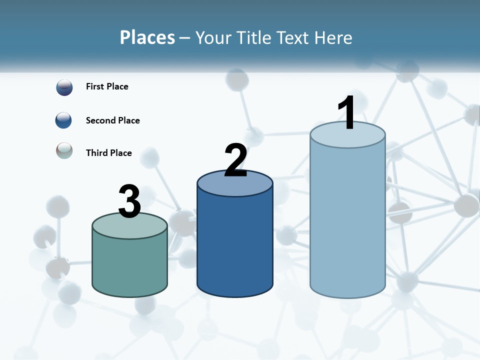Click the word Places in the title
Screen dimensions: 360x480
(147, 37)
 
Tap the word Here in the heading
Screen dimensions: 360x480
(333, 37)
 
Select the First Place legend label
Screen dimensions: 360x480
(107, 86)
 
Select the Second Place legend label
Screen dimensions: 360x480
(112, 120)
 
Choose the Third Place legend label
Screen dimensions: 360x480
(108, 153)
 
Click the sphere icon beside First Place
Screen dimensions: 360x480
(64, 87)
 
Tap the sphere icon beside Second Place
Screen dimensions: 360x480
(64, 120)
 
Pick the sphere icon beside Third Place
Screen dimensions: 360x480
(64, 150)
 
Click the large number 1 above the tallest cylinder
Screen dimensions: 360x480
(346, 113)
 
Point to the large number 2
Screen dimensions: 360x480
(235, 160)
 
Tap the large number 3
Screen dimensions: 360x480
(129, 201)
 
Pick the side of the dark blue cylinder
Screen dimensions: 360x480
(235, 245)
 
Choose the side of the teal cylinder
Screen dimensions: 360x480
(129, 265)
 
